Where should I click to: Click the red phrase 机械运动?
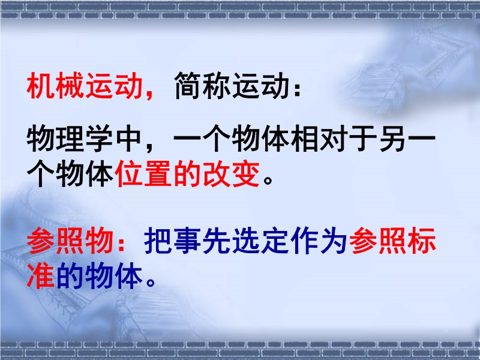point(85,86)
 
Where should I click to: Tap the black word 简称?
point(202,86)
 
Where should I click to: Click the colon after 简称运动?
point(296,89)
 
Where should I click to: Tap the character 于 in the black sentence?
point(363,139)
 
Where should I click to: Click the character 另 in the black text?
point(392,139)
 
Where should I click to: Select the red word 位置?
point(143,173)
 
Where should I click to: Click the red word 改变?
point(232,173)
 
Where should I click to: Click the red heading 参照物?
point(70,241)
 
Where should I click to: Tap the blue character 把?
point(157,241)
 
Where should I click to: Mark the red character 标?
point(422,241)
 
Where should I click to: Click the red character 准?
point(40,276)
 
